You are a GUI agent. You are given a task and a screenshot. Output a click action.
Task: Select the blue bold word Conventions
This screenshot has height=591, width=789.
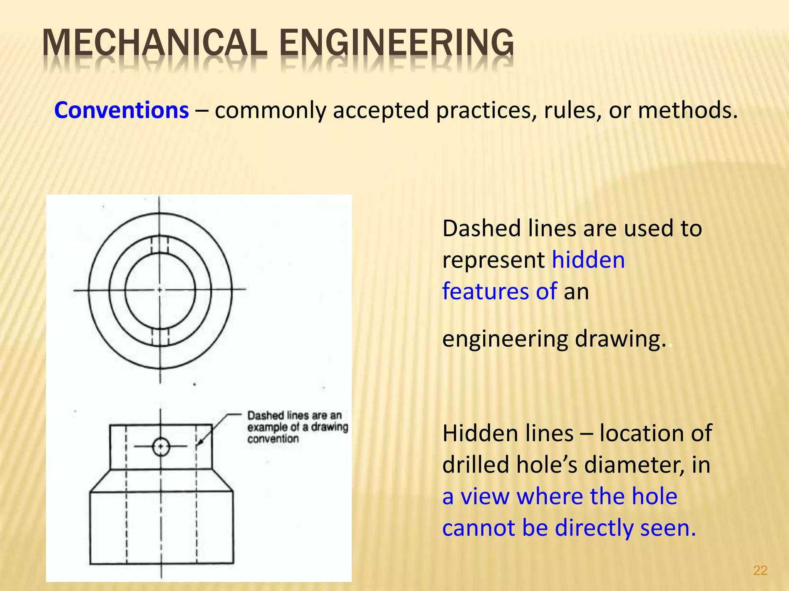(121, 110)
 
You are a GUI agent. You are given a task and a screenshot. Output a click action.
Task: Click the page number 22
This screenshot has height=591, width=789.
(760, 570)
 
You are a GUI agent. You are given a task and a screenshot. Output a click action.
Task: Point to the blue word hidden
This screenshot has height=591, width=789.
(588, 260)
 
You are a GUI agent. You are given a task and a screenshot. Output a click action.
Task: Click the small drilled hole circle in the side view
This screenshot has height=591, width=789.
(161, 447)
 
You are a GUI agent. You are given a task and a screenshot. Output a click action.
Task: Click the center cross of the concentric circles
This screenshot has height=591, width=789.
(160, 290)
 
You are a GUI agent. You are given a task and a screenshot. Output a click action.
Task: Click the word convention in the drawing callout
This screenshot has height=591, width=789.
(273, 439)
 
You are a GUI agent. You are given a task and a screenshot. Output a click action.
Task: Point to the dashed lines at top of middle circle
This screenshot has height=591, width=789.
(159, 245)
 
